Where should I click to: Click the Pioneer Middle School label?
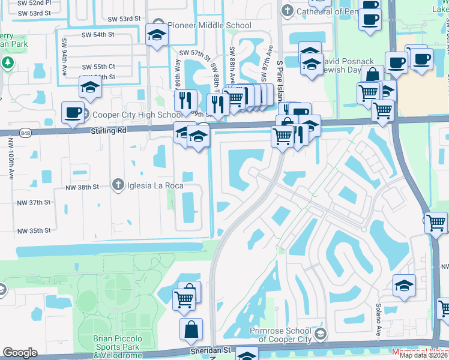(209, 25)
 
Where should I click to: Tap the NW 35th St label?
(34, 230)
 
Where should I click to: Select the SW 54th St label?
(97, 35)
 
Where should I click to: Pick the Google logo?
(20, 353)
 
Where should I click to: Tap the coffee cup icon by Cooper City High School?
(73, 112)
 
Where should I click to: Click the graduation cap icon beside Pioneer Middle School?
(157, 34)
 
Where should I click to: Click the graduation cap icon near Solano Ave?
(404, 286)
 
